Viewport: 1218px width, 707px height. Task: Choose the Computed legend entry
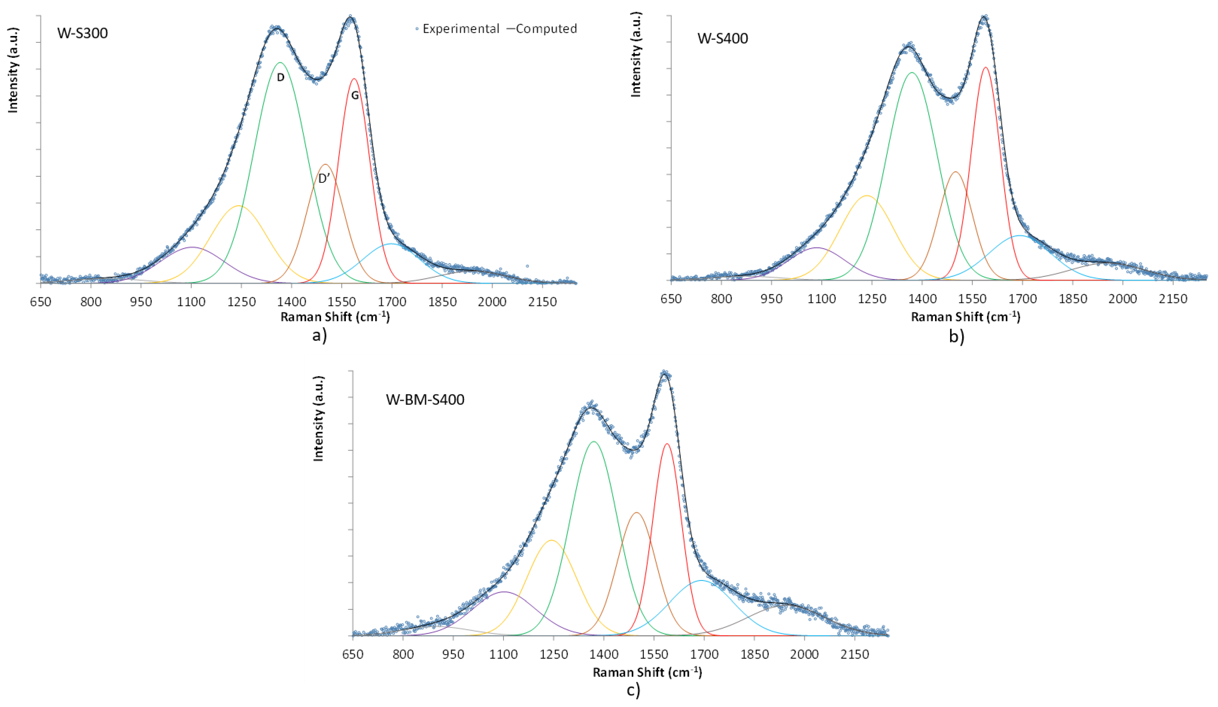coord(542,29)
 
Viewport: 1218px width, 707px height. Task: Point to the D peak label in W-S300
coord(280,77)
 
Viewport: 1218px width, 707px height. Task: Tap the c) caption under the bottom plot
coord(633,690)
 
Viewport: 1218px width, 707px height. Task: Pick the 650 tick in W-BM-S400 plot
coord(353,655)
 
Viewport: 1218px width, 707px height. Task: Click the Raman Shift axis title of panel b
coord(965,317)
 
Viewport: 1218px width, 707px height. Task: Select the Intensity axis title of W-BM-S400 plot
coord(318,418)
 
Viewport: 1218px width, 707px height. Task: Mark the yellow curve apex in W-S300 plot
coord(238,206)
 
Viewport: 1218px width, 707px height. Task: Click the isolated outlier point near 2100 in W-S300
coord(527,266)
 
